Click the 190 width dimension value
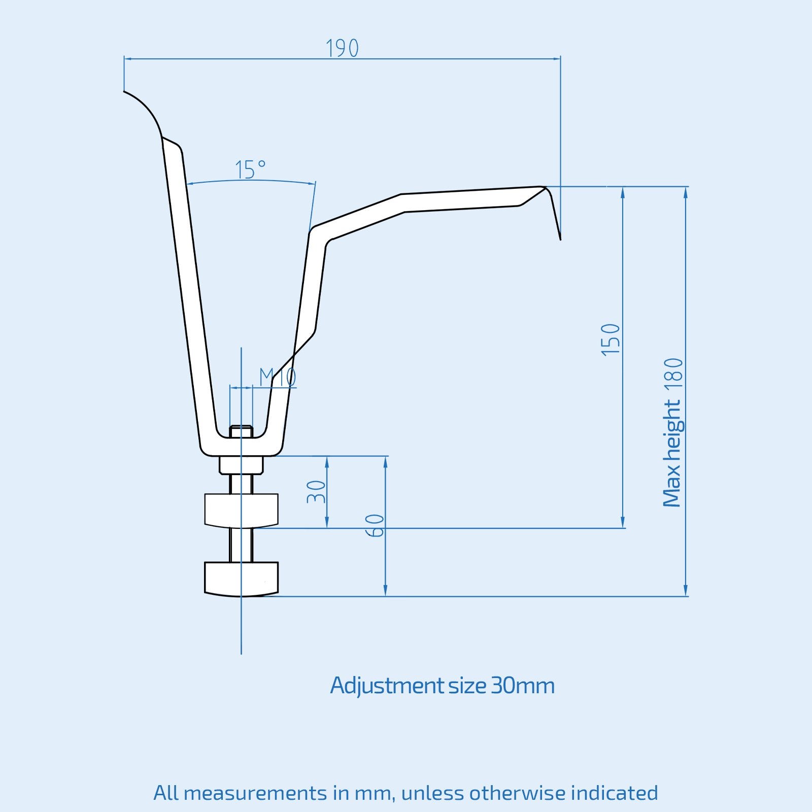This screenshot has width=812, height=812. pos(342,48)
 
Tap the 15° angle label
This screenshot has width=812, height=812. pos(250,170)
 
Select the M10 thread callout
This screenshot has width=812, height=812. pos(278,377)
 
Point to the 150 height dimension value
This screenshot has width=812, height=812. pos(611,340)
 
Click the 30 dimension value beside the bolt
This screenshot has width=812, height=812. pos(316,491)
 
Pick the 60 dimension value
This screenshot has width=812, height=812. pos(375,526)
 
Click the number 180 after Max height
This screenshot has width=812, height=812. pos(674,375)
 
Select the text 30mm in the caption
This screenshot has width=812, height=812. pos(523,686)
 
